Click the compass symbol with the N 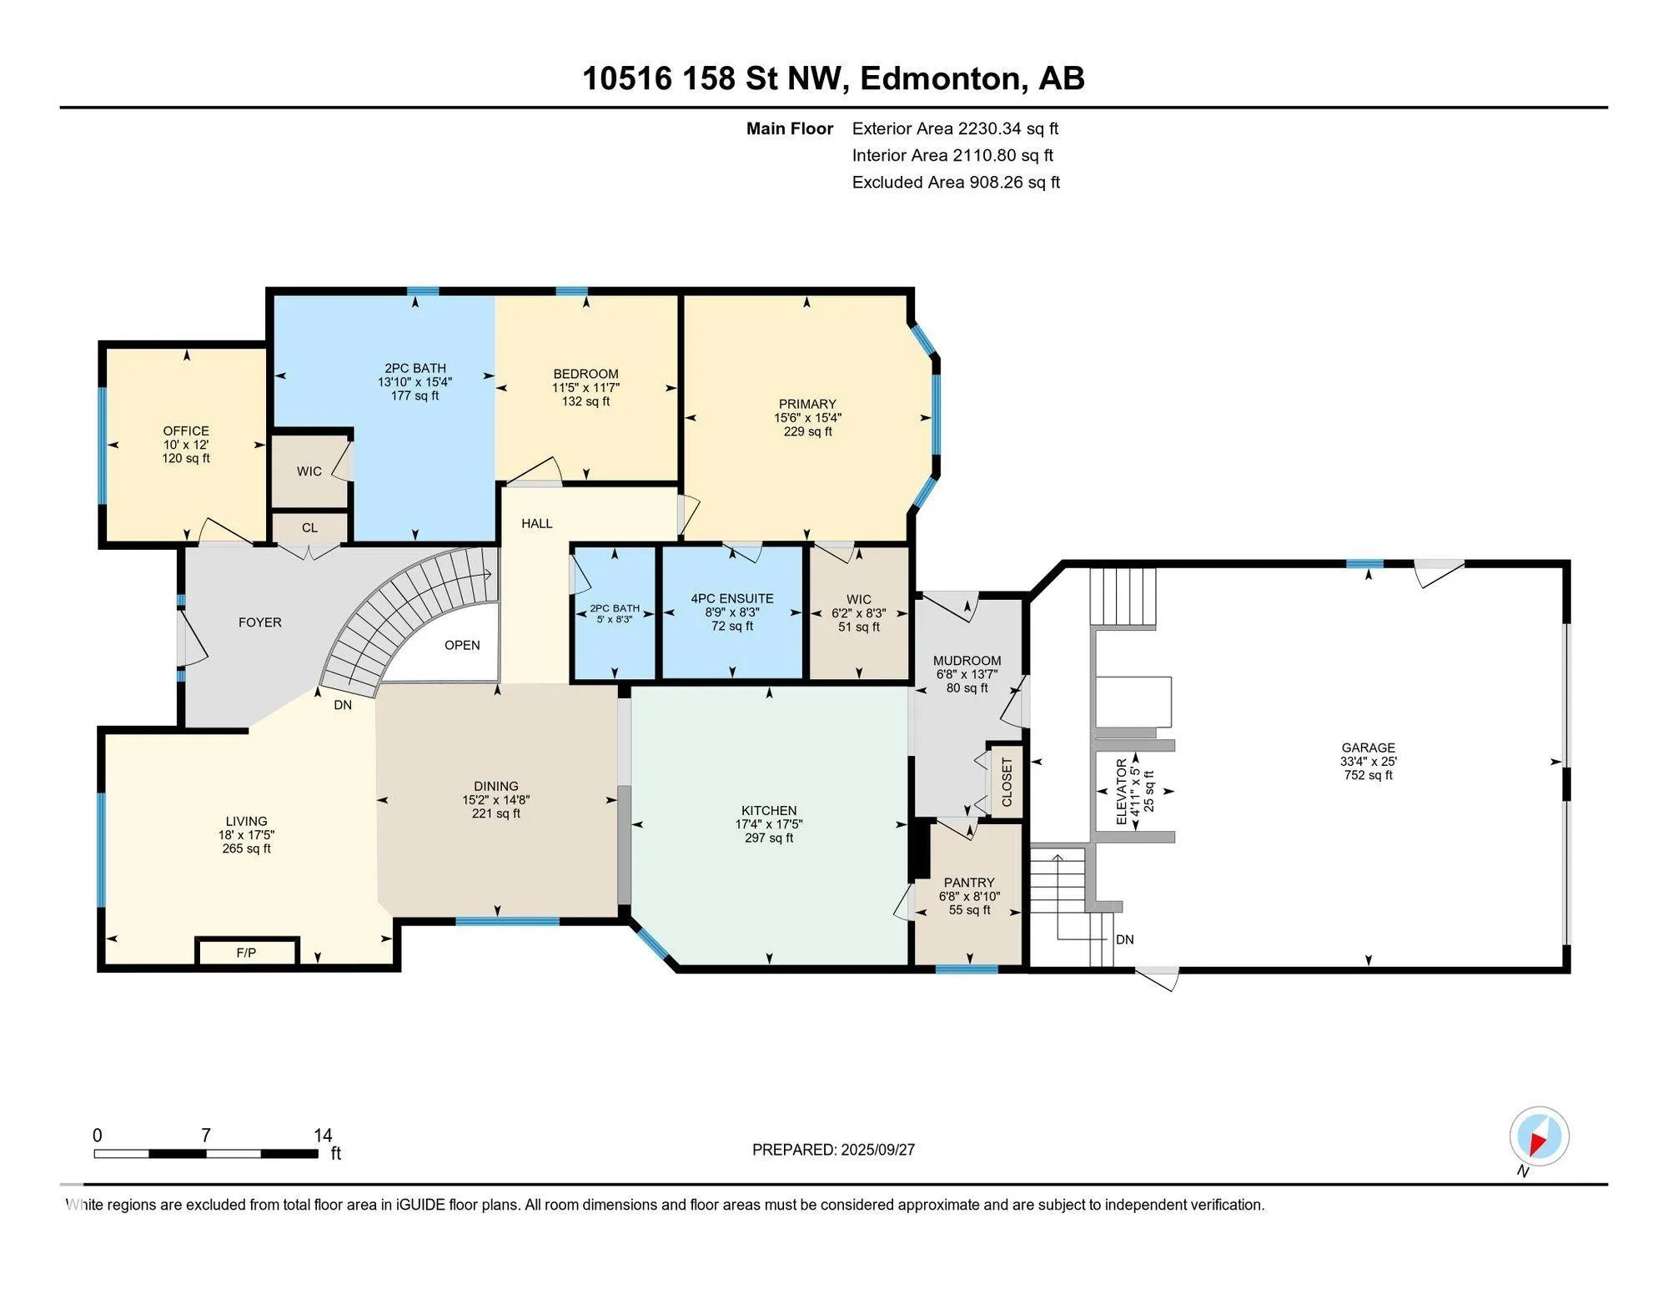click(1539, 1136)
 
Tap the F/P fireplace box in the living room click(246, 952)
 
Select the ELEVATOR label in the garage click(1122, 791)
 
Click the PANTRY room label click(969, 882)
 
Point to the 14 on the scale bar click(323, 1135)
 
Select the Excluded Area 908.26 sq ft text click(956, 182)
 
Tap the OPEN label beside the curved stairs click(462, 645)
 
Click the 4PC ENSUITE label click(732, 598)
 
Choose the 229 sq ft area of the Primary click(807, 431)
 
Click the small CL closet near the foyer click(309, 527)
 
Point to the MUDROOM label click(967, 661)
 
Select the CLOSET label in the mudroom click(1007, 782)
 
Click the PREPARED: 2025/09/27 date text click(833, 1150)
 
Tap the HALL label click(537, 523)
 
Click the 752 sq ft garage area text click(1368, 775)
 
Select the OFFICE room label click(186, 431)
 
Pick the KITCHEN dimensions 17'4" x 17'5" click(769, 824)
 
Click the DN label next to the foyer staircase click(343, 705)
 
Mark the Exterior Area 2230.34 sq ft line click(955, 128)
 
